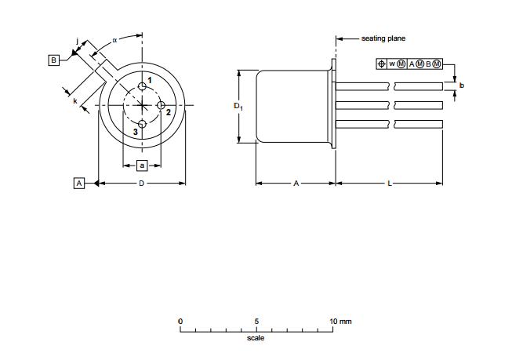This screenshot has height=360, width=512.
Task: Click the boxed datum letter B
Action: [54, 60]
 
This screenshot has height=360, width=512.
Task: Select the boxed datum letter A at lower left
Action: [79, 184]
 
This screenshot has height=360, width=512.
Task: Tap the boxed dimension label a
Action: [142, 165]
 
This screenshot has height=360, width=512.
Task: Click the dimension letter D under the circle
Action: [141, 184]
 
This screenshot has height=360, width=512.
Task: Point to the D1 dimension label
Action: [238, 106]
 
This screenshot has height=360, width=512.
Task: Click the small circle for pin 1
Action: [142, 86]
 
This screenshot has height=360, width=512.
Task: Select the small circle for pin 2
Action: [161, 105]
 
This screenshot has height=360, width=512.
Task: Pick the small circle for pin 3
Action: [142, 124]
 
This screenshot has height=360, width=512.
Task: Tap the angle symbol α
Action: [114, 40]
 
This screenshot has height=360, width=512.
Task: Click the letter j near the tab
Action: [77, 41]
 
